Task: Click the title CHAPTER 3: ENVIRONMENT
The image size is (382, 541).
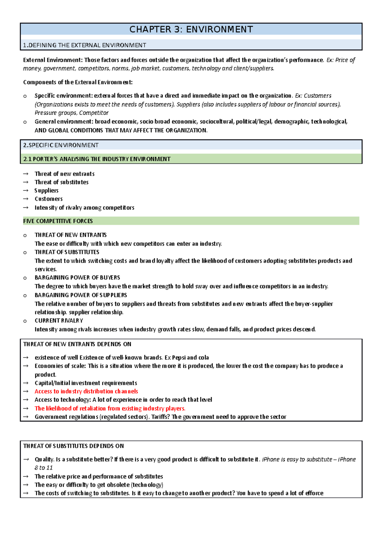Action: click(x=191, y=29)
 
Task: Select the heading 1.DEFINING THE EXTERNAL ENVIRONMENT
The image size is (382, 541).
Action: click(x=85, y=45)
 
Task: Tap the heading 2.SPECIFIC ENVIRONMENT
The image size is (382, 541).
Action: click(x=61, y=145)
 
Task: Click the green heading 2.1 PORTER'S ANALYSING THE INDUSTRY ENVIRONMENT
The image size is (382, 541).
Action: click(x=97, y=159)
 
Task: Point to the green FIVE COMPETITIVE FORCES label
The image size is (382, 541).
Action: click(x=58, y=221)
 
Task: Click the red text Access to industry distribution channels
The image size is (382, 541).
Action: click(x=86, y=391)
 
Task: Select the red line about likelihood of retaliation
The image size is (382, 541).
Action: click(x=110, y=408)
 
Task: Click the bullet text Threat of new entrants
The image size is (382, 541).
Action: click(x=65, y=174)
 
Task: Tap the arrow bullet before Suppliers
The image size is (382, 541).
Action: click(x=26, y=191)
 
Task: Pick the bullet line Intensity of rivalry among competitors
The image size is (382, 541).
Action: click(x=84, y=208)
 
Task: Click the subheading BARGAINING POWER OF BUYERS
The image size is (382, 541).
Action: click(x=77, y=278)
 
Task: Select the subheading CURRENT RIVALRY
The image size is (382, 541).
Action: click(x=59, y=321)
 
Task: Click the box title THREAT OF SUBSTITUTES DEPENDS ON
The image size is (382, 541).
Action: click(x=74, y=446)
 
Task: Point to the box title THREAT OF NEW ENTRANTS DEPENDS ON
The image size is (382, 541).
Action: click(x=77, y=344)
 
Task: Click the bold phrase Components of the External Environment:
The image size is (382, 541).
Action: click(x=78, y=82)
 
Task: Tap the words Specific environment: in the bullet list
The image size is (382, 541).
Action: click(x=64, y=96)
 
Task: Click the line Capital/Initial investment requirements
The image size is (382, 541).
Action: click(x=86, y=383)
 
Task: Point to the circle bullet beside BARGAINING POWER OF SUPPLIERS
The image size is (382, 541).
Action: click(x=25, y=296)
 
